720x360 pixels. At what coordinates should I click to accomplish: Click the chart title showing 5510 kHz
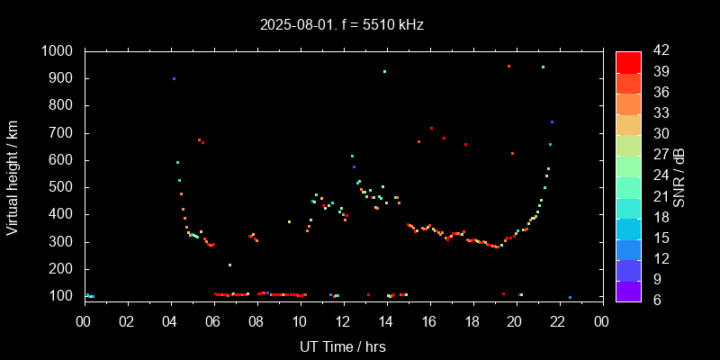[x=341, y=24]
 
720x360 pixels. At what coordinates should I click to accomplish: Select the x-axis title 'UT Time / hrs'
[x=343, y=346]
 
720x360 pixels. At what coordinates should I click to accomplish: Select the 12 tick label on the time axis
[x=343, y=322]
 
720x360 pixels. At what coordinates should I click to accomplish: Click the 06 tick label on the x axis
[x=213, y=322]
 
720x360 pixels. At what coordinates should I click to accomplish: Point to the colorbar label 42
[x=654, y=51]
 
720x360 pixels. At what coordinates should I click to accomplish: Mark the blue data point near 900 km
[x=174, y=79]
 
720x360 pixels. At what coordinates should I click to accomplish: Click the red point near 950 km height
[x=508, y=66]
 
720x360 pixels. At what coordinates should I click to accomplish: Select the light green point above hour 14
[x=384, y=71]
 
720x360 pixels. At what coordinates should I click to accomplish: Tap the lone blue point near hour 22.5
[x=570, y=297]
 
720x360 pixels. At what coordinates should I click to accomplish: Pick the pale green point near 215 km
[x=229, y=265]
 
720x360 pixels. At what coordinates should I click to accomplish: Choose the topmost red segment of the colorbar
[x=628, y=61]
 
